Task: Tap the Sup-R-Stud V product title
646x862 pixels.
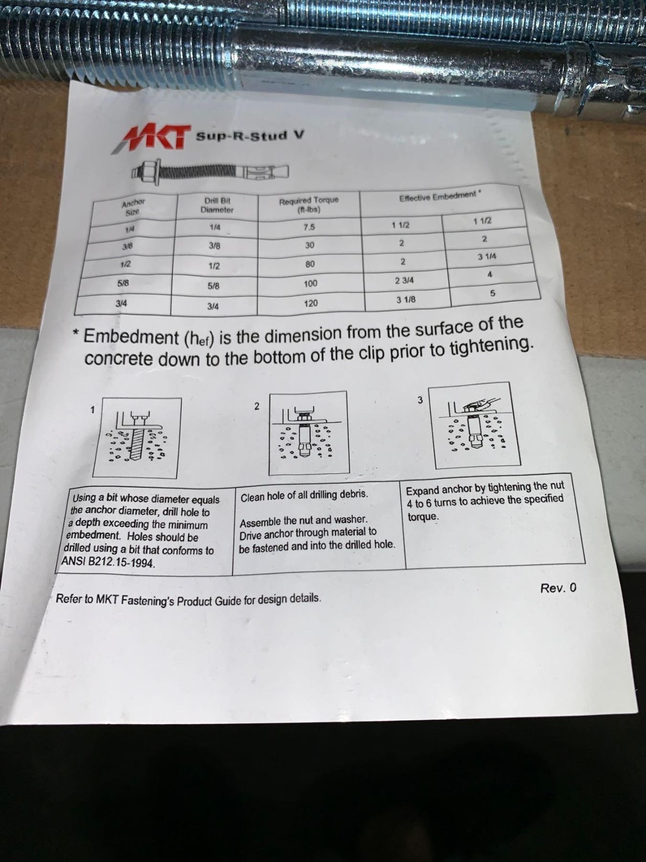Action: coord(249,136)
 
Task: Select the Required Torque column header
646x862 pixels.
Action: coord(309,204)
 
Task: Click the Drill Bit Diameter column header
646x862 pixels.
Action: coord(216,205)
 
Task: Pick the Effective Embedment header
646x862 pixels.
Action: coord(440,196)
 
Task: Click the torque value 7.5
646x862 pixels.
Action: coord(309,227)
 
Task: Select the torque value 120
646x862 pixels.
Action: coord(311,303)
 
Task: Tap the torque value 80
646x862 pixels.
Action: coord(310,264)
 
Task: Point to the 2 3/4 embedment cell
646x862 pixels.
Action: coord(404,281)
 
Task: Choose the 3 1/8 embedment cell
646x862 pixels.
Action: coord(406,300)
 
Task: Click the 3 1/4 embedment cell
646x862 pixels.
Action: coord(487,257)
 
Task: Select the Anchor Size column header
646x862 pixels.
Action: coord(133,206)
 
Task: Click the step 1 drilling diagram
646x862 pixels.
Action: coord(137,438)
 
